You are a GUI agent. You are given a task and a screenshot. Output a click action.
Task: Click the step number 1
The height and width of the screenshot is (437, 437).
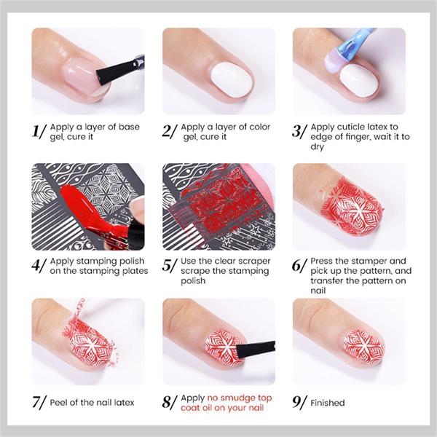pos(36,131)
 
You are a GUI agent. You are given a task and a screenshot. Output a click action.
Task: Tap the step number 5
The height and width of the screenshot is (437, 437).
pos(166,265)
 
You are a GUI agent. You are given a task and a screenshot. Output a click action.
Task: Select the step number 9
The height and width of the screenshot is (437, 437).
pos(296,401)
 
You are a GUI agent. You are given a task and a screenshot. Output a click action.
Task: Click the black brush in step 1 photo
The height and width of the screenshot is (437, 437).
pos(120,70)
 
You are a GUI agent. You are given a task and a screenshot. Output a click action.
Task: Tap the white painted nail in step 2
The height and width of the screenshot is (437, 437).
pos(232,79)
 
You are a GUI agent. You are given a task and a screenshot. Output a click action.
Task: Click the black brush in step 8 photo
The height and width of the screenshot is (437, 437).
pos(256,349)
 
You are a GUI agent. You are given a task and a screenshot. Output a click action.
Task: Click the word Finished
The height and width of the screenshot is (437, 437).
pos(328,403)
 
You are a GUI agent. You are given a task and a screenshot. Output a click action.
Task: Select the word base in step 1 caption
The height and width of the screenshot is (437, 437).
pos(129,127)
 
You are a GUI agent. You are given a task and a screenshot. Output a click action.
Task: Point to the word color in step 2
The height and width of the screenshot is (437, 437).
pos(260,127)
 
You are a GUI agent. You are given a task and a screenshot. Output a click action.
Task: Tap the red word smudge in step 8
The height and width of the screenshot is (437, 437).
pos(235,398)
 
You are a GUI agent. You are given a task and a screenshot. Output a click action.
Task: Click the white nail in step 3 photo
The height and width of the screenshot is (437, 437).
pos(359,81)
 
